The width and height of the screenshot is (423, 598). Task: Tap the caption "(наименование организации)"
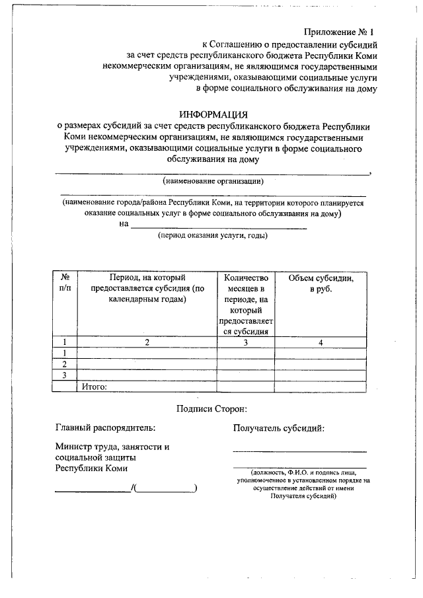213,180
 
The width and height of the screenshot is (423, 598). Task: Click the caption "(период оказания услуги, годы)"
212,236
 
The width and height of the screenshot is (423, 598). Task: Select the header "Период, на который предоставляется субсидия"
148,289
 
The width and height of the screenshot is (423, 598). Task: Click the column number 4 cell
321,342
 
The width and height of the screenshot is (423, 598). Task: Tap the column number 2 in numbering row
148,342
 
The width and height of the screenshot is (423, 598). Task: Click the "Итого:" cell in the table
95,387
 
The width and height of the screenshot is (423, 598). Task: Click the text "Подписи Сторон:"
211,409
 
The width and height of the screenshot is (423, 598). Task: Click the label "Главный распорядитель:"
106,428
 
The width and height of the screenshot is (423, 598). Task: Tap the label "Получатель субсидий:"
278,428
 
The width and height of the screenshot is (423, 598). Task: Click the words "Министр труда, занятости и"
112,447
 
